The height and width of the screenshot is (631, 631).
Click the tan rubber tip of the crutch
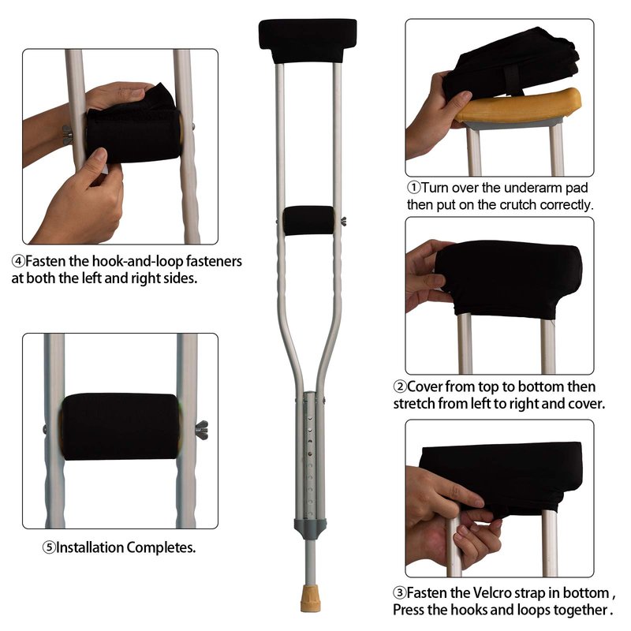(311, 599)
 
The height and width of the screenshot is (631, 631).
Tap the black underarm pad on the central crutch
(308, 40)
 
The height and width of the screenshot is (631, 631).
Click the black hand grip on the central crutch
(308, 221)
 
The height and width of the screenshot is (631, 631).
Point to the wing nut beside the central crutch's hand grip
(343, 221)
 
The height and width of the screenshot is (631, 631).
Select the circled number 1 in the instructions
(413, 188)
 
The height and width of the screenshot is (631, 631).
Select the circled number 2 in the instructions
(400, 386)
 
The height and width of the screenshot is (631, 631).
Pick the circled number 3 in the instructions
(400, 593)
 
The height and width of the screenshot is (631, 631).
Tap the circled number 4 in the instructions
(18, 262)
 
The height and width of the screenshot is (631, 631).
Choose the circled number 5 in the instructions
(49, 547)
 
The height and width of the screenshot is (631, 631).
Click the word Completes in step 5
(161, 547)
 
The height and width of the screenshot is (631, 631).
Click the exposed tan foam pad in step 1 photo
(519, 106)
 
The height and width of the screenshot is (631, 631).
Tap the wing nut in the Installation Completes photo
(202, 430)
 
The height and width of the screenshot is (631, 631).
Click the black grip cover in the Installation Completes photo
(120, 427)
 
